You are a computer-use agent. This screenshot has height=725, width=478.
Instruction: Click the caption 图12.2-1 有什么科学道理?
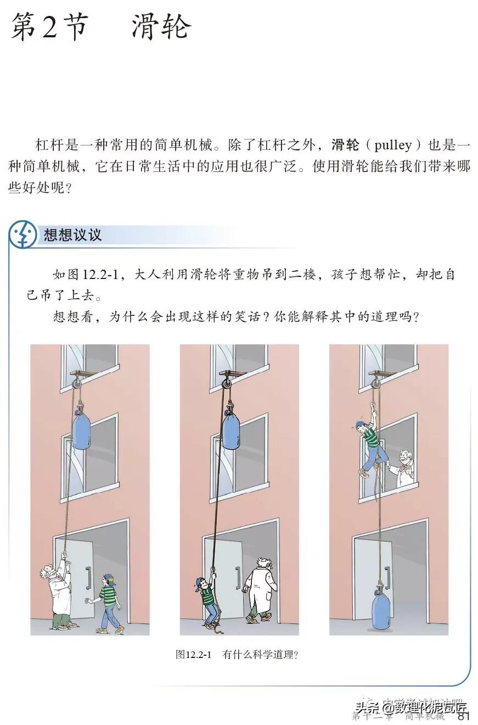pos(237,654)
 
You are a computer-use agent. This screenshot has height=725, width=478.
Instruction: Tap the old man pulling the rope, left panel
pos(57,593)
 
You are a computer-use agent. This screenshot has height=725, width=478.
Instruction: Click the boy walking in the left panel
pos(108,603)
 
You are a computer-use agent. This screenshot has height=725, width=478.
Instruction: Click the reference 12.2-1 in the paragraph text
pos(104,275)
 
